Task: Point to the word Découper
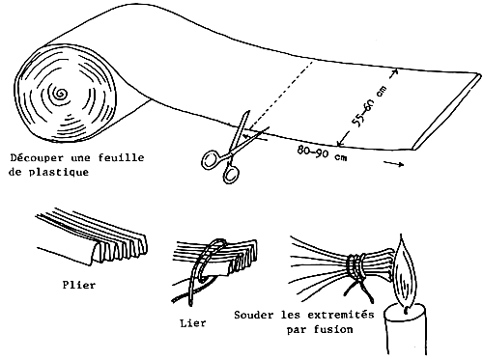(37, 156)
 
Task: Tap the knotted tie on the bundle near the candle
(360, 265)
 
